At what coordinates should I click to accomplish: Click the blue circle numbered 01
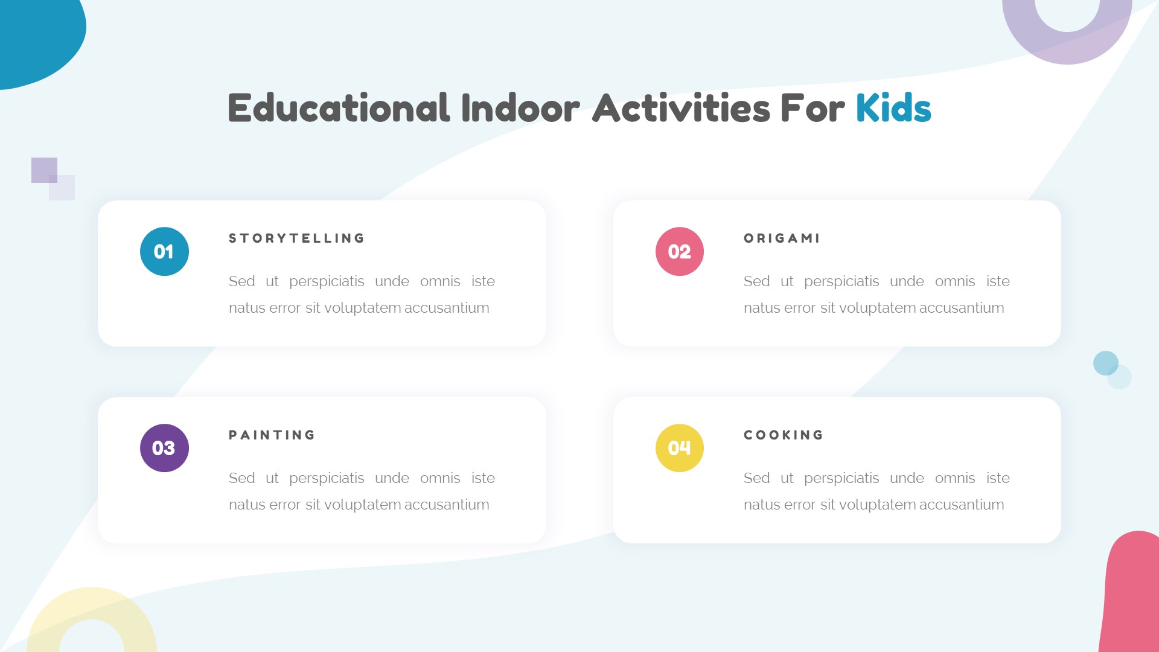click(164, 251)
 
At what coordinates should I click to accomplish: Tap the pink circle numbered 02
click(679, 251)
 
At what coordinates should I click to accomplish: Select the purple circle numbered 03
click(164, 448)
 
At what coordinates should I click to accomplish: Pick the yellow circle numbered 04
click(679, 448)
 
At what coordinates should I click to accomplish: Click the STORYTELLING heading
click(296, 238)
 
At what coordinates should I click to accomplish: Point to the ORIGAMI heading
click(782, 238)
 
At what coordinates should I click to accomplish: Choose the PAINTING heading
click(272, 435)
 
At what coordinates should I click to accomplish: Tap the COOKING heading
click(784, 435)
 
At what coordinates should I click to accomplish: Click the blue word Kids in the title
click(893, 109)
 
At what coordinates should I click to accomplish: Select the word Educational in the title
click(339, 109)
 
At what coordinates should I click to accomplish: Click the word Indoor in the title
click(520, 109)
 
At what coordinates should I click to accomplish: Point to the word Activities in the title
click(682, 109)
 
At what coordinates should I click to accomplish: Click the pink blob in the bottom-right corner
click(1132, 598)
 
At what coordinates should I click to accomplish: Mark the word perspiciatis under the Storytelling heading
click(327, 281)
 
